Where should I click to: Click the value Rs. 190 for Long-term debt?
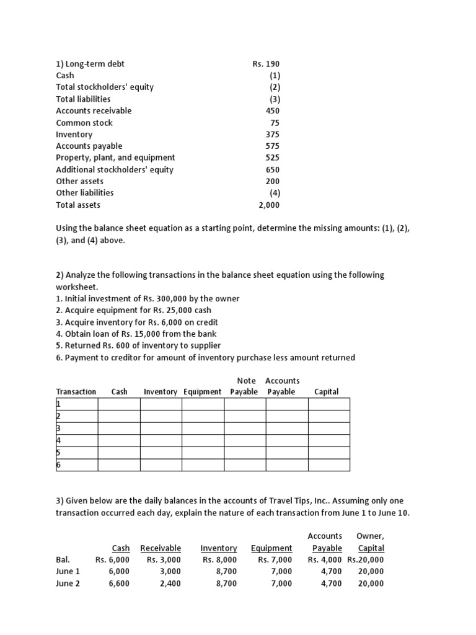[x=266, y=64]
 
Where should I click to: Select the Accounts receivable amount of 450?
[x=272, y=111]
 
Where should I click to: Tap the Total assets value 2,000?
[x=269, y=205]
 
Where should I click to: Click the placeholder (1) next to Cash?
[x=274, y=76]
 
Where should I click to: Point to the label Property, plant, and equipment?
[x=115, y=158]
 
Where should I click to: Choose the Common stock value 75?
[x=275, y=123]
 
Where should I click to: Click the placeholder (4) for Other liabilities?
[x=274, y=193]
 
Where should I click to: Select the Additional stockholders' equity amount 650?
[x=272, y=169]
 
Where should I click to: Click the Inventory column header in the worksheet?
[x=161, y=392]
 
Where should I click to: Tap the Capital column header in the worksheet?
[x=327, y=392]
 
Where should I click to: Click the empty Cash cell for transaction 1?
[x=118, y=404]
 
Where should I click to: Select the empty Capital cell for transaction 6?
[x=328, y=465]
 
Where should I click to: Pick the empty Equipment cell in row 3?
[x=203, y=429]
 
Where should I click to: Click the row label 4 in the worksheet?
[x=58, y=441]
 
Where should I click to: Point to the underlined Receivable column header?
[x=161, y=548]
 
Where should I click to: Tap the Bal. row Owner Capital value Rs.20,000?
[x=366, y=560]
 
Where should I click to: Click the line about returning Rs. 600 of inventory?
[x=138, y=345]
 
